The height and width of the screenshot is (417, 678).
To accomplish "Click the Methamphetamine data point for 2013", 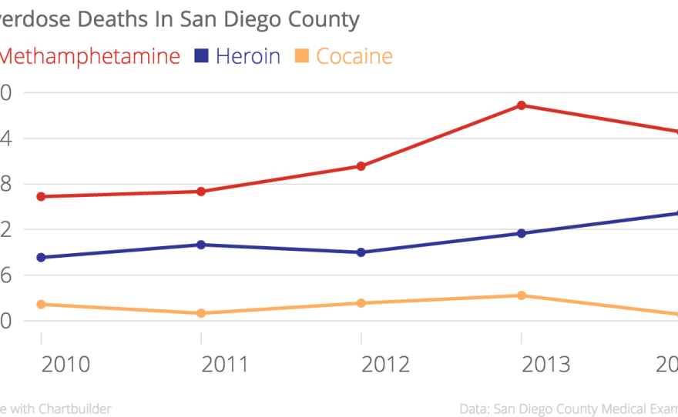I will [522, 105].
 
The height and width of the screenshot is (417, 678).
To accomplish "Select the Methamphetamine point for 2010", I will [41, 197].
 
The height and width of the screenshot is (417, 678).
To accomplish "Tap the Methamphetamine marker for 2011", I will [201, 192].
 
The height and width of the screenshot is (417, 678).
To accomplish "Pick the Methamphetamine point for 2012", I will [361, 166].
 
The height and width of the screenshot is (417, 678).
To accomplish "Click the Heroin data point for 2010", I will [41, 258].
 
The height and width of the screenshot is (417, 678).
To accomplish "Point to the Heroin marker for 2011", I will [201, 245].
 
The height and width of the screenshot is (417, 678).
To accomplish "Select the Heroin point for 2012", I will [361, 252].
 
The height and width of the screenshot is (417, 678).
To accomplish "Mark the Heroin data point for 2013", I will [522, 233].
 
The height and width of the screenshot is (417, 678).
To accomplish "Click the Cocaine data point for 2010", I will [41, 305].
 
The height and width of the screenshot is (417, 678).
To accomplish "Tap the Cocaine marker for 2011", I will [201, 313].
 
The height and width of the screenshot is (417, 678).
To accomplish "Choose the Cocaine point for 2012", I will [361, 303].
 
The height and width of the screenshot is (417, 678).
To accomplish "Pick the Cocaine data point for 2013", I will [522, 295].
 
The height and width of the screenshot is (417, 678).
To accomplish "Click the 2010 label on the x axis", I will [65, 364].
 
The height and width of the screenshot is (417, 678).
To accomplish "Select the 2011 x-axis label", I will [226, 364].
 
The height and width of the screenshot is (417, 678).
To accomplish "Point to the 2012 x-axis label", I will [386, 364].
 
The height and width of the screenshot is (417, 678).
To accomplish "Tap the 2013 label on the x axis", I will [546, 364].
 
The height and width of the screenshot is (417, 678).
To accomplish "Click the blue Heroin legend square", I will [202, 55].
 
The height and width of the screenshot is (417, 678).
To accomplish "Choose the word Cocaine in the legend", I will [354, 56].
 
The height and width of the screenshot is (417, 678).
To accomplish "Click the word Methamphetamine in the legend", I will [92, 56].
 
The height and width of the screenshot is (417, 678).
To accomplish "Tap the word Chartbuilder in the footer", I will [72, 409].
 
